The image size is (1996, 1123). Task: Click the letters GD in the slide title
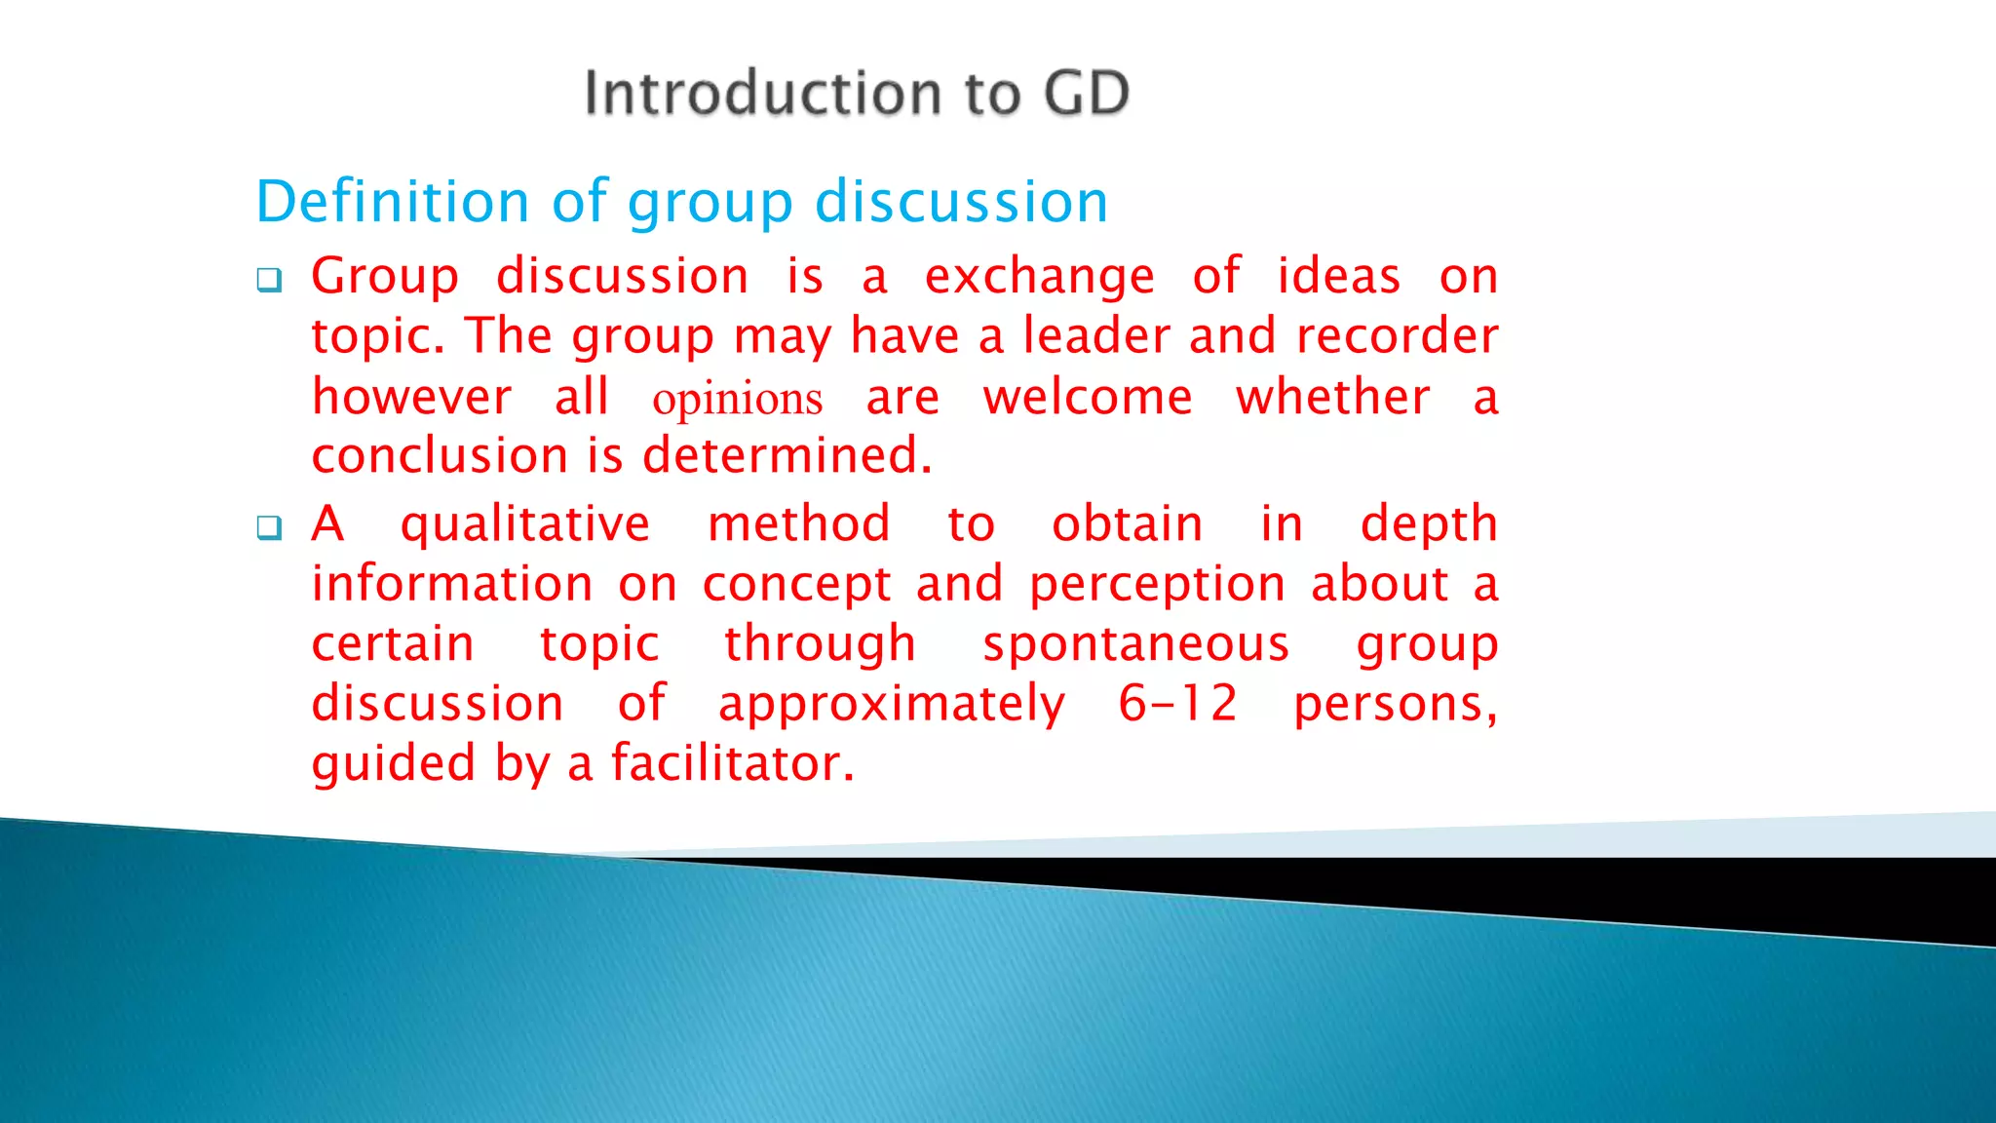point(1086,94)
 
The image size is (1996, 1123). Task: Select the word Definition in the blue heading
point(393,202)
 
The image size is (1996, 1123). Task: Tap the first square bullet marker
point(269,281)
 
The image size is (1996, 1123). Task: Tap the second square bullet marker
point(269,528)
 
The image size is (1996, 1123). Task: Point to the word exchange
point(1039,277)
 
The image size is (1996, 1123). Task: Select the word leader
point(1095,336)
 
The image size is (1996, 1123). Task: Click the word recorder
point(1397,336)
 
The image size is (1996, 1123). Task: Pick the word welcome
point(1088,398)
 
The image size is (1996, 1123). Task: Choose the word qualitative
point(525,525)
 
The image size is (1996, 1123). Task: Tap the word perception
point(1157,586)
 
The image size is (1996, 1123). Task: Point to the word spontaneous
point(1135,644)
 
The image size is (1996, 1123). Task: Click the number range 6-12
point(1177,704)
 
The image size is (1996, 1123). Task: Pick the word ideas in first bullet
point(1339,277)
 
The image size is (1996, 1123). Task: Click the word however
point(411,398)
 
